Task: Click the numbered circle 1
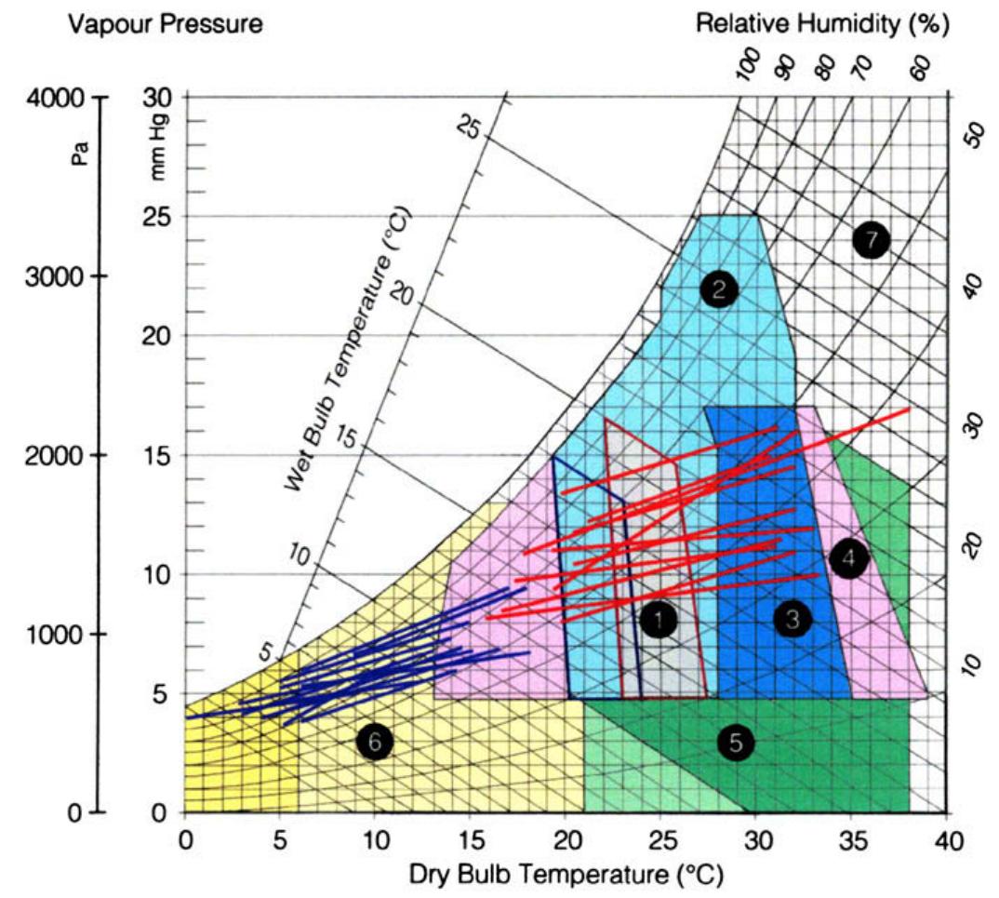658,619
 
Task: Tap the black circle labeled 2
719,290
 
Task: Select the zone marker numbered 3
793,619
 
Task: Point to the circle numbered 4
848,559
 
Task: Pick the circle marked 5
736,743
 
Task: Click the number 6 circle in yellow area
375,742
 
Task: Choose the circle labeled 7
871,240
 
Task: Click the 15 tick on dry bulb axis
471,839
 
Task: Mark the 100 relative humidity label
750,67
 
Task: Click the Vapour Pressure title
166,25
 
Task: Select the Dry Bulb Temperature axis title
565,875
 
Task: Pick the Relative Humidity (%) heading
822,25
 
